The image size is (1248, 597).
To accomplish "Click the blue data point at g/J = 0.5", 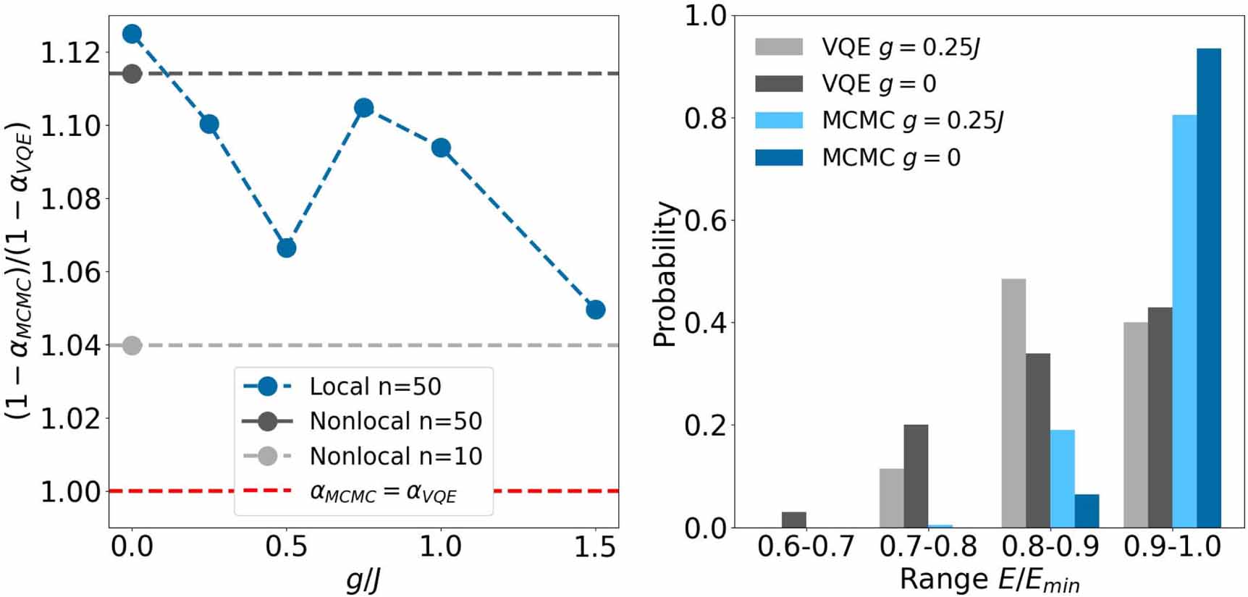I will pos(287,248).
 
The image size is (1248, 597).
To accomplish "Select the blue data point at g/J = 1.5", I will pos(596,310).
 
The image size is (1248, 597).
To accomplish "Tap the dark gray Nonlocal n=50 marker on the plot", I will pos(132,73).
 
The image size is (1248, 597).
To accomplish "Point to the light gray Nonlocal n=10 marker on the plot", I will pos(132,346).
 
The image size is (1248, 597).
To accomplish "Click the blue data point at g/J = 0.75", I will pos(364,108).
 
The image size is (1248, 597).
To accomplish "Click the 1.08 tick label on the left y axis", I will pos(70,199).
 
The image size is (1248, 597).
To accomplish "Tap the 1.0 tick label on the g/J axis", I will pos(441,547).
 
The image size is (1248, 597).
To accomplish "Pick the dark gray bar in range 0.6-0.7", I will pos(793,520).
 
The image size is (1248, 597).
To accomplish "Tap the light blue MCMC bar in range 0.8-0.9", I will pos(1062,478).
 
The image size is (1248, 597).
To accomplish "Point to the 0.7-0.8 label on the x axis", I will pos(928,546).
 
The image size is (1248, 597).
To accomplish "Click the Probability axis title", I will pos(665,274).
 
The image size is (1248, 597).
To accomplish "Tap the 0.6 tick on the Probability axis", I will pos(705,220).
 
